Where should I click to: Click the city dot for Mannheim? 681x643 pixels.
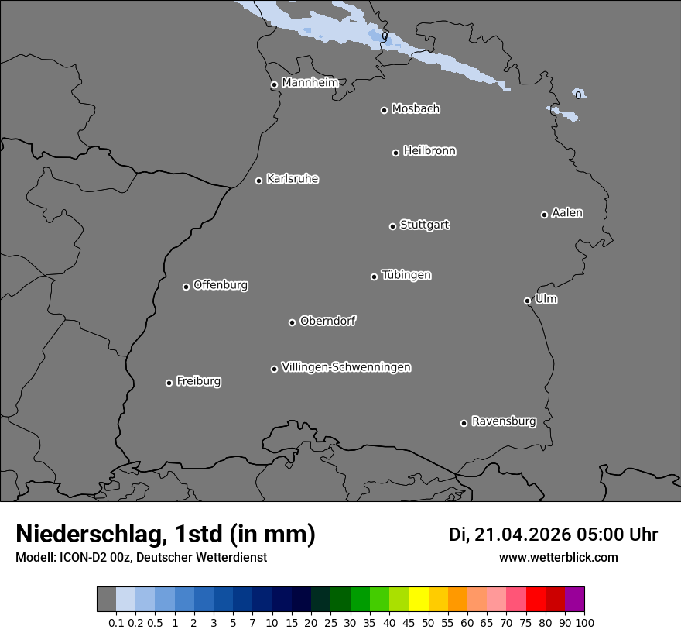274,85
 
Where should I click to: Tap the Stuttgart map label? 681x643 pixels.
424,225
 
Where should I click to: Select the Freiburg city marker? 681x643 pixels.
169,383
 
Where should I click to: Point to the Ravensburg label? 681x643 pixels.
504,421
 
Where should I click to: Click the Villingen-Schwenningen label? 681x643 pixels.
346,367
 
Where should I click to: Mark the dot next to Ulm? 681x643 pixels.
527,301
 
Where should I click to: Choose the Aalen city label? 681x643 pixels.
567,213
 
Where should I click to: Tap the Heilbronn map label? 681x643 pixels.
429,151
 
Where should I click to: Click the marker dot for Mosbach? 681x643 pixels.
384,110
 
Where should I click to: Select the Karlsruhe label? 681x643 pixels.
293,179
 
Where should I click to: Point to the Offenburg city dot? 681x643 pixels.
186,287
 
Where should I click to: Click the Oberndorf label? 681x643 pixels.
328,321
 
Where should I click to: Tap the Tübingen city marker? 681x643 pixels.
374,277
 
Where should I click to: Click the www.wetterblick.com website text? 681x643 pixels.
558,557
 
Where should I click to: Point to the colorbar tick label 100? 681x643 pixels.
583,622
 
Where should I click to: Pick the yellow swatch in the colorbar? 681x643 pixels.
419,600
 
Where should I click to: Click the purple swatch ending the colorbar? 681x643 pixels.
574,600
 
